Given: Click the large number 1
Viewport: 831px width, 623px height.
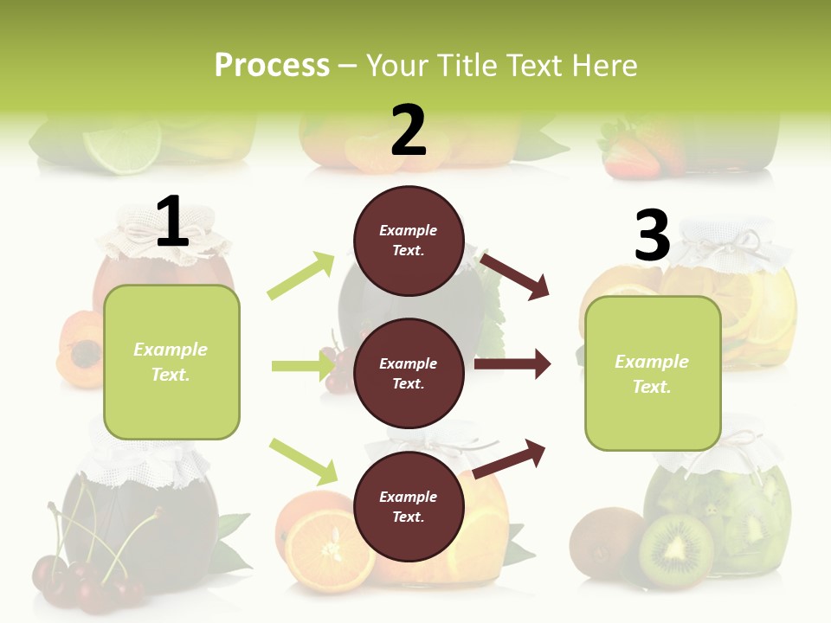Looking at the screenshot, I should point(172,222).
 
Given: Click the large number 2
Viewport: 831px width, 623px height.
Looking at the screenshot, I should point(409,130).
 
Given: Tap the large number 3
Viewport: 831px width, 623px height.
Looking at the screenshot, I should point(652,235).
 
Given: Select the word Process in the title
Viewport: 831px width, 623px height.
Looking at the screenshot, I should point(272,65).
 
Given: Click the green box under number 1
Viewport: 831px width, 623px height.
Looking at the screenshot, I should point(171,362).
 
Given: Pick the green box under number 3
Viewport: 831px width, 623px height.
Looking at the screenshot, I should point(653,373).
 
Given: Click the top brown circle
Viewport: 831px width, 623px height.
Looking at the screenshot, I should point(409,241).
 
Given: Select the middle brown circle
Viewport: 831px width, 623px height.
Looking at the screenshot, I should point(409,373).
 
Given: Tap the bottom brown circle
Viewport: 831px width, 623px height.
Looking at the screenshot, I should point(409,506).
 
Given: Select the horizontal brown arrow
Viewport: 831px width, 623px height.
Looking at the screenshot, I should point(512,364).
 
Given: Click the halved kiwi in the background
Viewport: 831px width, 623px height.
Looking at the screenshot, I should point(676,551).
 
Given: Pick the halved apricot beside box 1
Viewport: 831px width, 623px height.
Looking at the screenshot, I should point(81,350).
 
